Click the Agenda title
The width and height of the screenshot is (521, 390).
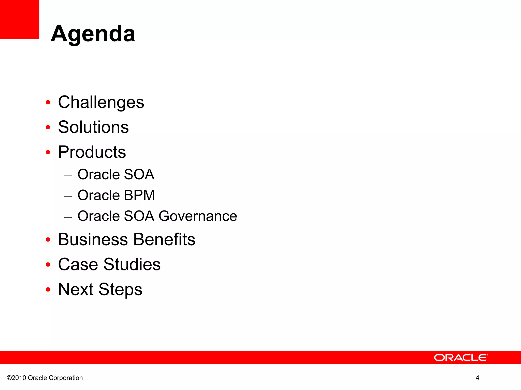pyautogui.click(x=93, y=34)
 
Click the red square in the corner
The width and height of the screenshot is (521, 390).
pyautogui.click(x=19, y=19)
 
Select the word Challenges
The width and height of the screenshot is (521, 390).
pyautogui.click(x=101, y=102)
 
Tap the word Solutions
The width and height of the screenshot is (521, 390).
pyautogui.click(x=93, y=127)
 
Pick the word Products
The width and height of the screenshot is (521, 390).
pyautogui.click(x=92, y=152)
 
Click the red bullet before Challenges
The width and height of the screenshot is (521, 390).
pyautogui.click(x=48, y=103)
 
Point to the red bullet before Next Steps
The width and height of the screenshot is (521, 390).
pyautogui.click(x=48, y=289)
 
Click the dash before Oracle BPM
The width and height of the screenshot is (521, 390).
pyautogui.click(x=68, y=196)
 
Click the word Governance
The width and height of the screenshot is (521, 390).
pyautogui.click(x=198, y=216)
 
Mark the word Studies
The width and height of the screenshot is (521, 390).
pyautogui.click(x=132, y=264)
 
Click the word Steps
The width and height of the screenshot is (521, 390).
pyautogui.click(x=120, y=289)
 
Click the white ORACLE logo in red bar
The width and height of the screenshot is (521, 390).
pyautogui.click(x=461, y=357)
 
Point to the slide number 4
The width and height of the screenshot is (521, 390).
pyautogui.click(x=477, y=378)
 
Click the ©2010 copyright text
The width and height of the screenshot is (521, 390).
pyautogui.click(x=17, y=378)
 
